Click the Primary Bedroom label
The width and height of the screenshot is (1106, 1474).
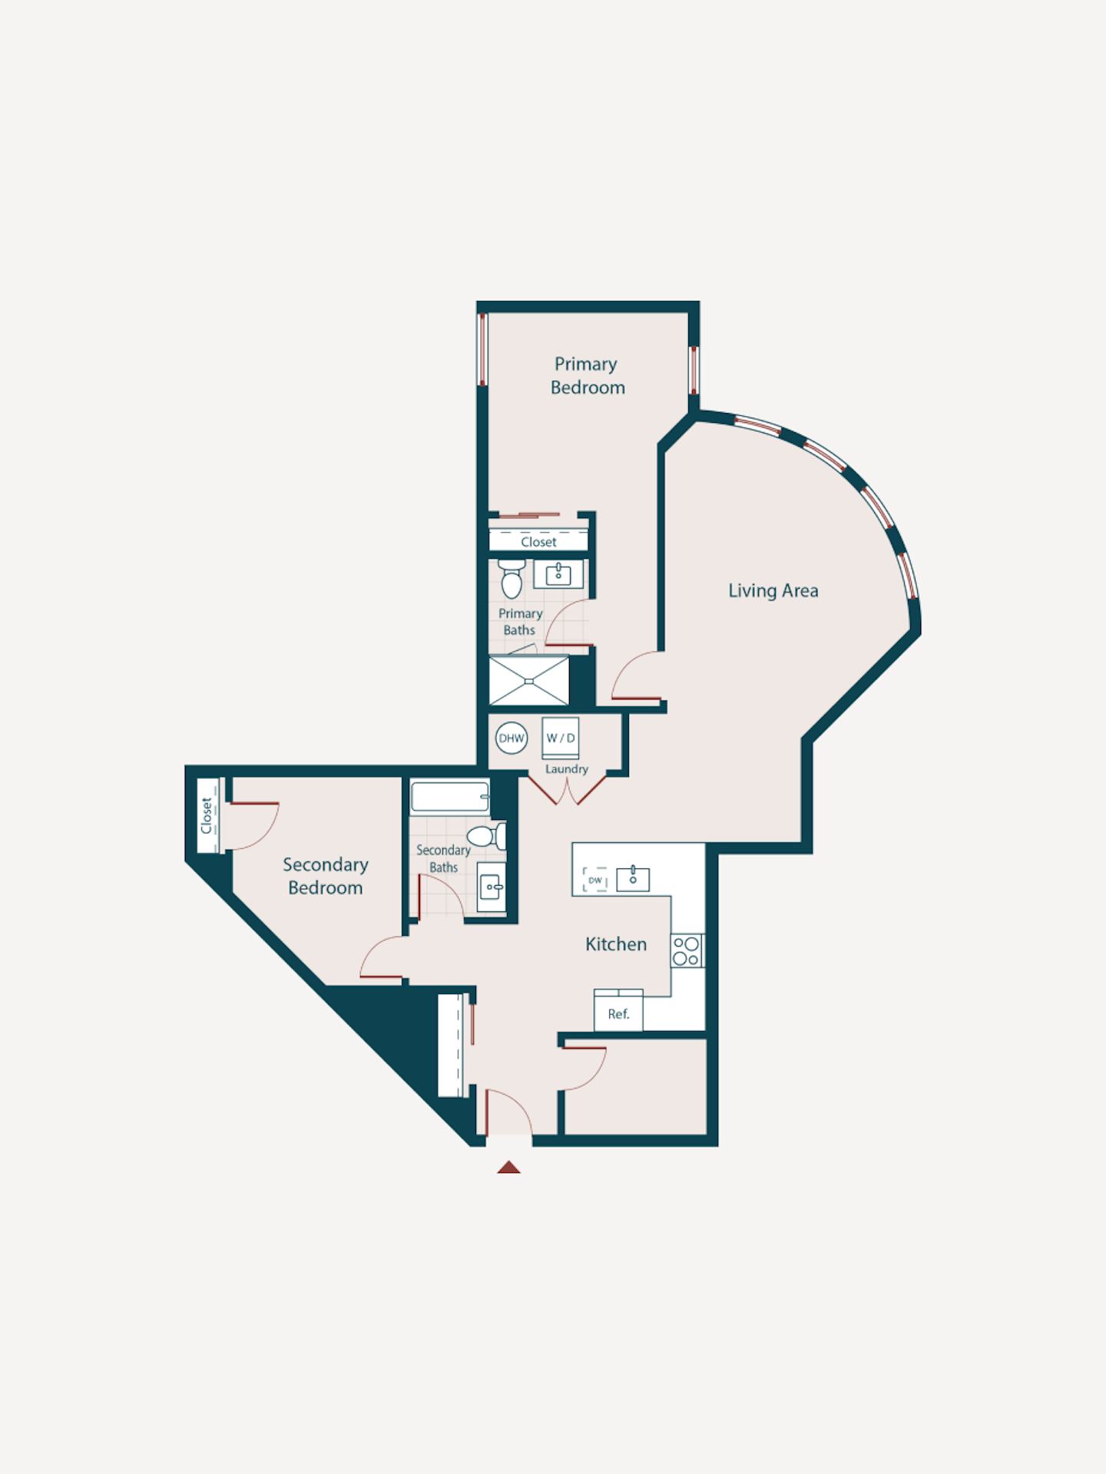pos(588,375)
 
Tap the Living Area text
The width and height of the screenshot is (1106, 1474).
pos(773,590)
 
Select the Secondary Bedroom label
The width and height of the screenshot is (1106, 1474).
pos(326,876)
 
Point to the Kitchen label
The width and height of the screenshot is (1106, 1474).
pos(616,944)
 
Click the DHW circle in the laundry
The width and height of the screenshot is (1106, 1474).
pos(512,739)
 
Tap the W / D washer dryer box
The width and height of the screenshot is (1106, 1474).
pos(561,739)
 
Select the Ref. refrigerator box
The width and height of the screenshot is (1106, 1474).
pos(618,1010)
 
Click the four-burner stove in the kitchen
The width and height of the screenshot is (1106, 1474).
pos(687,950)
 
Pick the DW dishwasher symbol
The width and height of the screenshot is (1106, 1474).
pos(595,880)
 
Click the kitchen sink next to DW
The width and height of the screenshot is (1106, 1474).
pos(633,878)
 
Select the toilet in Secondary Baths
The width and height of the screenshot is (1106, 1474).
pos(487,835)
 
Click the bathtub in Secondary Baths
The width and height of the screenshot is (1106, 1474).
pos(450,796)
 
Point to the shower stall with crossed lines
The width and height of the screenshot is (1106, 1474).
pos(529,680)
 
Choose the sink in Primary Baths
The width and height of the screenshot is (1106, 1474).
pos(558,574)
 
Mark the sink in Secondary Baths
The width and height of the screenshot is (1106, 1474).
pos(492,887)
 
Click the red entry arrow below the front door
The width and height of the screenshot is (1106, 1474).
pos(508,1167)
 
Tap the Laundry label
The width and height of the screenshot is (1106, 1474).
pos(567,769)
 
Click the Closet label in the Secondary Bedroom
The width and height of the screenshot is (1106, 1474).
pos(206,815)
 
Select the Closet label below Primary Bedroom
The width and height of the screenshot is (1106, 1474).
pos(538,542)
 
